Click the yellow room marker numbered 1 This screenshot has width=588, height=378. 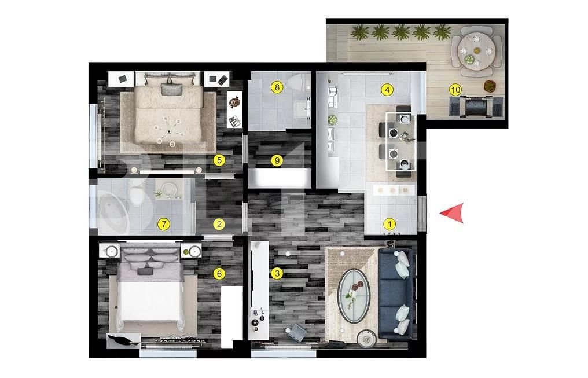(389, 224)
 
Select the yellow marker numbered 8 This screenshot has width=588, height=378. (278, 88)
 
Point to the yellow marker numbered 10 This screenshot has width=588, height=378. (455, 90)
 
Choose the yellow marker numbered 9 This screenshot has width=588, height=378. (277, 160)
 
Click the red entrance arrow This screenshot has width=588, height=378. (453, 213)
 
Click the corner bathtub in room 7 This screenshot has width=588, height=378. (112, 211)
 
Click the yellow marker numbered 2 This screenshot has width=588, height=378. (219, 224)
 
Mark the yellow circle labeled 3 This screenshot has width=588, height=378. (277, 273)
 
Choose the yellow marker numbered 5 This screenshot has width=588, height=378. (218, 160)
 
